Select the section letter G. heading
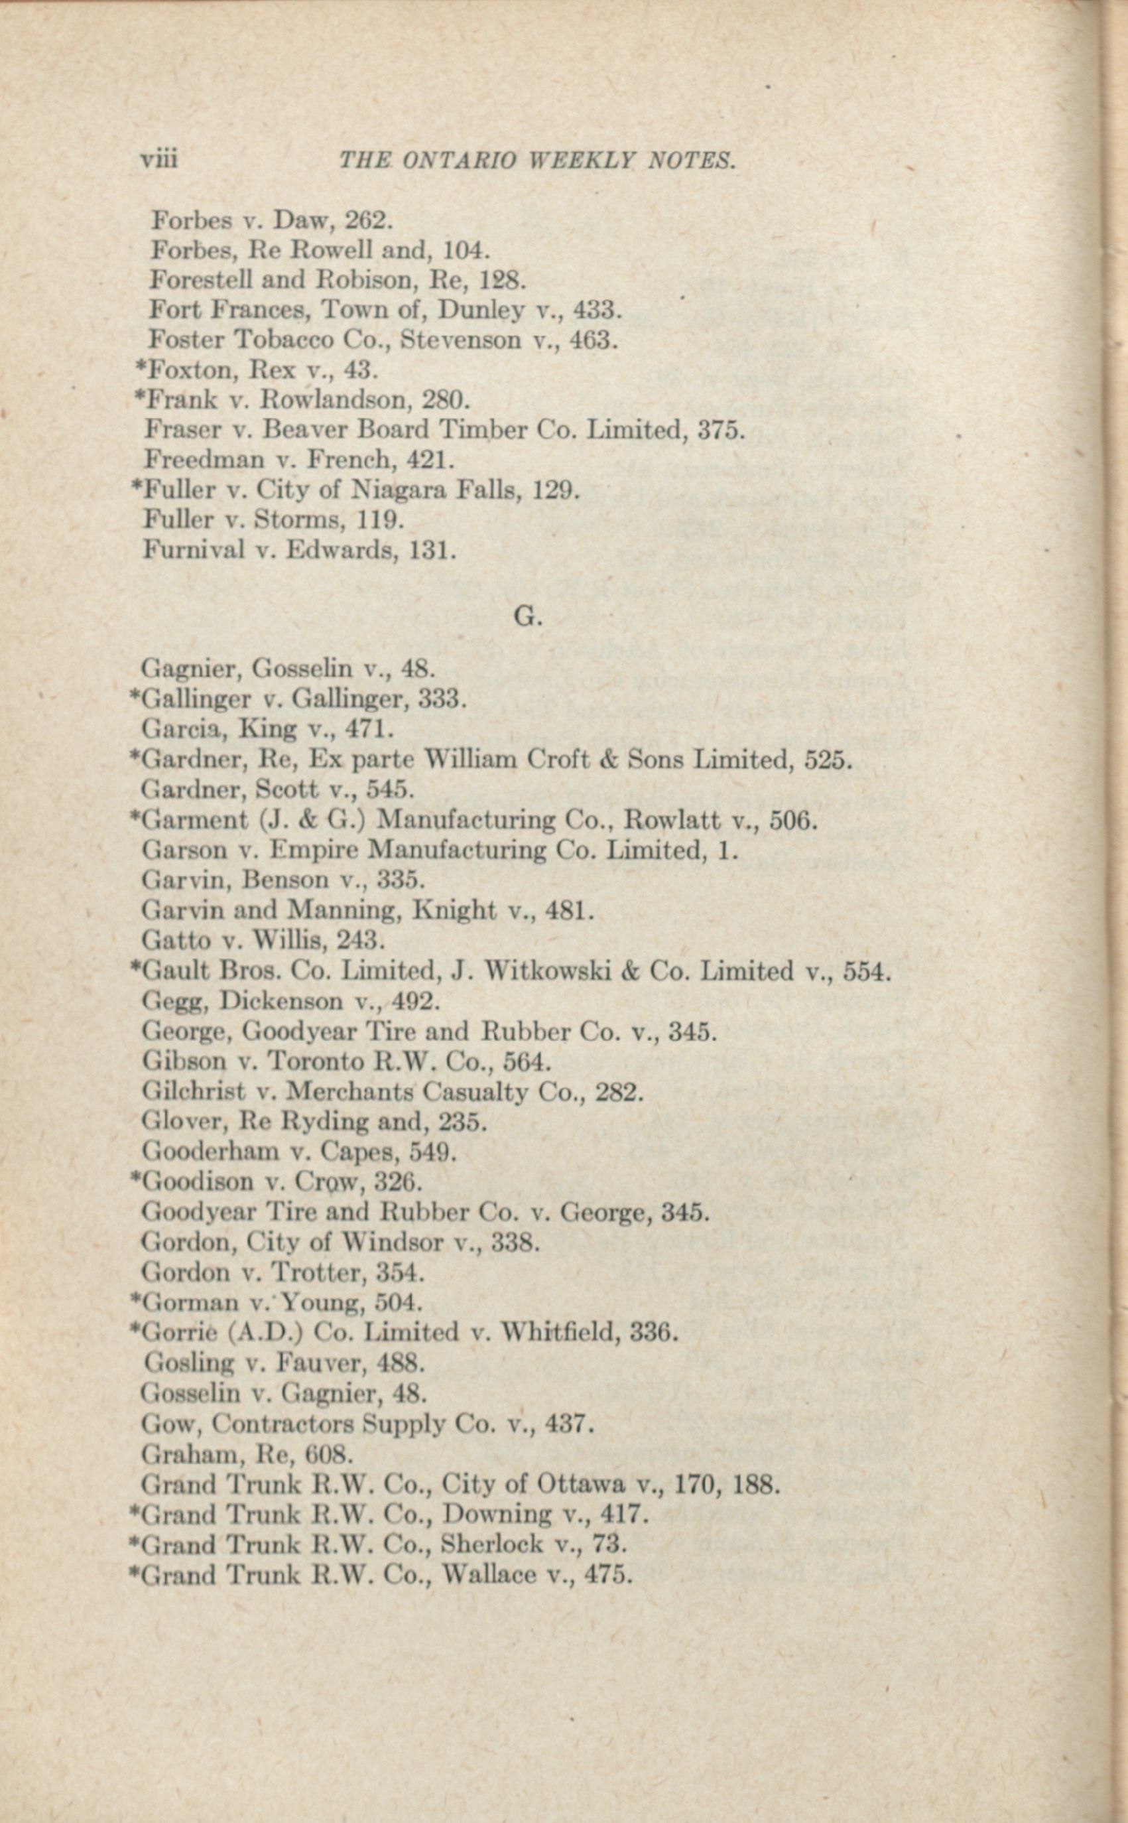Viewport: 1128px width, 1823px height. tap(527, 616)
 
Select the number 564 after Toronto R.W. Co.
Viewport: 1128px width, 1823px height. tap(527, 1061)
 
